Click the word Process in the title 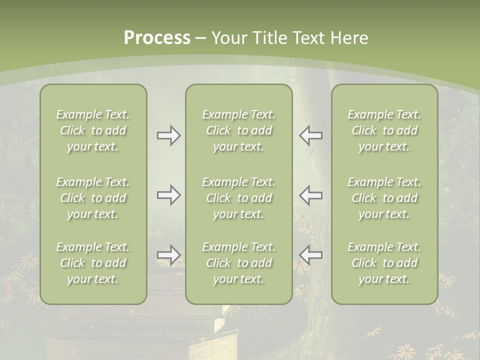157,38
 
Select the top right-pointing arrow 169,135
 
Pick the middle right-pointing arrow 169,195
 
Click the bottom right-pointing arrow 169,255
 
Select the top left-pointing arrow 310,135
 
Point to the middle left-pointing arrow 310,195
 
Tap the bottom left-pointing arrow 310,255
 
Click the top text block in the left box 93,130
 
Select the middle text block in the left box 93,198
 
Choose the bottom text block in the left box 93,263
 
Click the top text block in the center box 239,130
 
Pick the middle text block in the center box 239,198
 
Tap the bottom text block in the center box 239,263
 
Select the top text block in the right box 384,130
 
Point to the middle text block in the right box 384,198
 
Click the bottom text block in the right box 384,263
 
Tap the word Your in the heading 228,38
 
